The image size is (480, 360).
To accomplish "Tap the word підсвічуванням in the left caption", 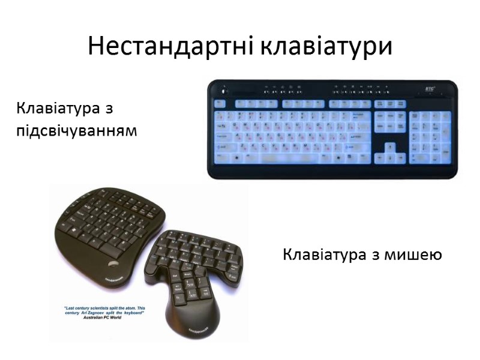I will tap(77, 130).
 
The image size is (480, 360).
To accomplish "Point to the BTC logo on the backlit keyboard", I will tap(430, 89).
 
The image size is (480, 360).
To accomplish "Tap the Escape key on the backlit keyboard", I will tap(220, 103).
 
